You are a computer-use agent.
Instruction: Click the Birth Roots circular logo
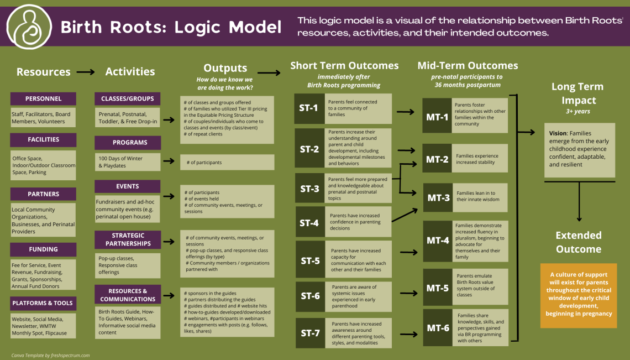(x=29, y=27)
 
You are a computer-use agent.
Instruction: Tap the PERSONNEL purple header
(x=43, y=98)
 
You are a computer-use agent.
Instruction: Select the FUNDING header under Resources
(x=43, y=249)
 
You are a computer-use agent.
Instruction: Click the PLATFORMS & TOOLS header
(x=43, y=303)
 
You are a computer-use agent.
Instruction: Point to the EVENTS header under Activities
(x=127, y=186)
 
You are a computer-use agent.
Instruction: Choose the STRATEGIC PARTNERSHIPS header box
(x=127, y=239)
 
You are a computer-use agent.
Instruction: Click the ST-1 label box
(x=309, y=108)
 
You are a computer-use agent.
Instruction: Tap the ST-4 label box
(x=309, y=223)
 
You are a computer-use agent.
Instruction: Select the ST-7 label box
(x=309, y=333)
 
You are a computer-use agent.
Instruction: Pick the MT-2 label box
(x=437, y=159)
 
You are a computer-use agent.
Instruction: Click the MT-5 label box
(x=437, y=288)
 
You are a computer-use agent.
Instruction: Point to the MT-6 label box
(x=437, y=328)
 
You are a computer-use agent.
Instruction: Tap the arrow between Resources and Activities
(x=86, y=72)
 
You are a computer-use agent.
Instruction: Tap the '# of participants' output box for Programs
(x=227, y=163)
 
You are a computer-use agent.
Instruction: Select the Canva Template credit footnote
(x=50, y=356)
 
